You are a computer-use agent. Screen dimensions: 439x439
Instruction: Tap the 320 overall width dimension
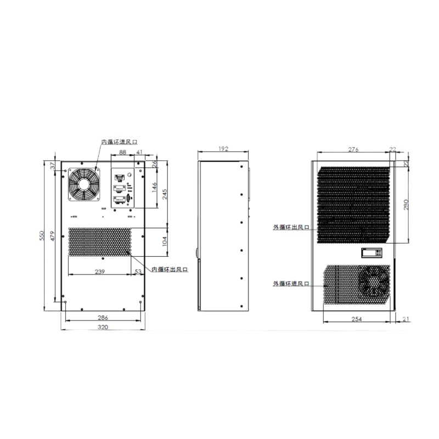point(103,327)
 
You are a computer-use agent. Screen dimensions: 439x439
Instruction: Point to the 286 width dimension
point(103,317)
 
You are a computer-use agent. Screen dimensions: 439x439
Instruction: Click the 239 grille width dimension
point(100,271)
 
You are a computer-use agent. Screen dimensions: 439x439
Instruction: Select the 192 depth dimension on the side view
point(223,149)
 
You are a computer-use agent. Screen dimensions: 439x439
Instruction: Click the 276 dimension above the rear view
point(353,149)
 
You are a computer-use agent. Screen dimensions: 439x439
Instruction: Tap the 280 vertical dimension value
point(407,204)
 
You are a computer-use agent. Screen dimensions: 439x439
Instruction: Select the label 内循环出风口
point(170,269)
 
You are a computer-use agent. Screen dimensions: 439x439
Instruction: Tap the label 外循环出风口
point(292,227)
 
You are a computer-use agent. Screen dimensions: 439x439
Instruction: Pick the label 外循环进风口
point(292,284)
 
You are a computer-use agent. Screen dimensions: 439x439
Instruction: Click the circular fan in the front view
point(84,184)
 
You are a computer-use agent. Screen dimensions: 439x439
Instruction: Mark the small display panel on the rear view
point(373,252)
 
